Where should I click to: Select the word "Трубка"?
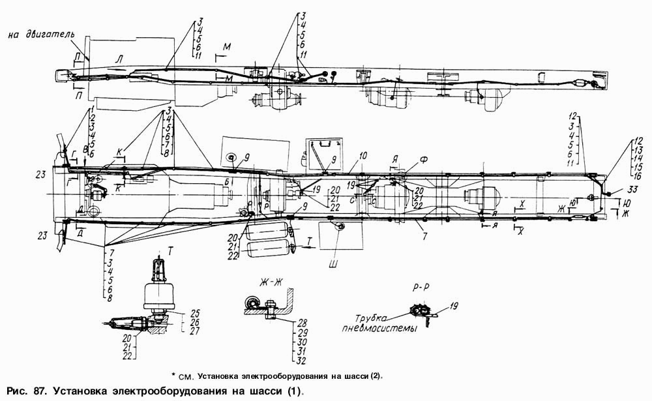tap(366, 318)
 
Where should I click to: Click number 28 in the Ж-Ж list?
tap(303, 323)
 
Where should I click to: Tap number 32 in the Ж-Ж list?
tap(303, 359)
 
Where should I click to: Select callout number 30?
tap(303, 341)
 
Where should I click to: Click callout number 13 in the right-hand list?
tap(638, 149)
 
